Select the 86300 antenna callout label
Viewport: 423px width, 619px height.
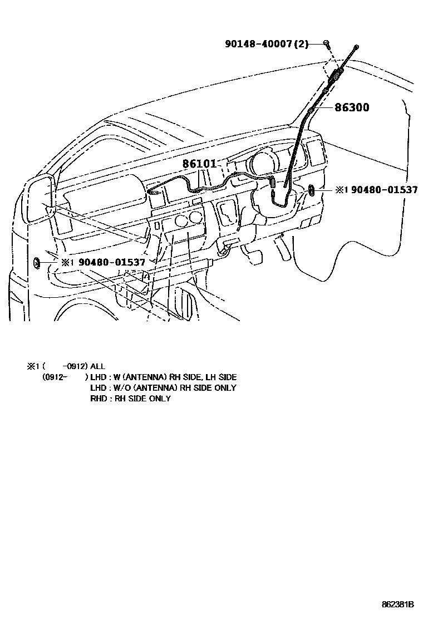click(x=352, y=107)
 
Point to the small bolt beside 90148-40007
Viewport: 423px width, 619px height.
click(x=327, y=43)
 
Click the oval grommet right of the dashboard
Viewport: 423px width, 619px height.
click(x=312, y=191)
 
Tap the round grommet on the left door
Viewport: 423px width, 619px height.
click(x=37, y=262)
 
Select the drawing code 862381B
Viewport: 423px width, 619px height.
click(x=398, y=604)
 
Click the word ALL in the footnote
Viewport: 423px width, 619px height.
click(x=97, y=366)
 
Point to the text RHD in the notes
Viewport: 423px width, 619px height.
click(x=99, y=399)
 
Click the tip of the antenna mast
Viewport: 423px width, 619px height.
click(x=356, y=45)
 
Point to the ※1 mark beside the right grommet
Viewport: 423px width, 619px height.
click(x=341, y=190)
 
